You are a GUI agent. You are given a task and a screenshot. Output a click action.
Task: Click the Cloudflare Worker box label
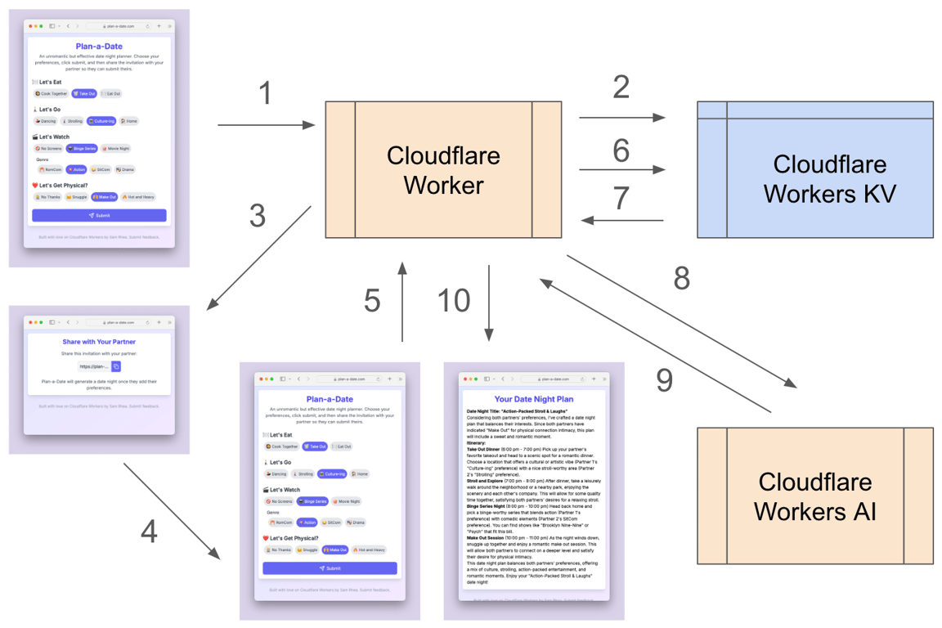tap(443, 170)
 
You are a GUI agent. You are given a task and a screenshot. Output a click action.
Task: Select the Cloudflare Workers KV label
tap(829, 178)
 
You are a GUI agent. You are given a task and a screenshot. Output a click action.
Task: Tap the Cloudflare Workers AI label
tap(815, 496)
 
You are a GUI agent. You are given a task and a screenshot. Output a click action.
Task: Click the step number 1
tap(264, 93)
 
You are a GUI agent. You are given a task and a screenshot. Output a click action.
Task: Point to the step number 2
tap(621, 87)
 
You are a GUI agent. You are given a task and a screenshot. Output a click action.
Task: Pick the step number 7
tap(621, 198)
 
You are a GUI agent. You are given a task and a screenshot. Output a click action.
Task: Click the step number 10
tap(454, 300)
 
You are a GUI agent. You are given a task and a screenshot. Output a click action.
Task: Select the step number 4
tap(149, 532)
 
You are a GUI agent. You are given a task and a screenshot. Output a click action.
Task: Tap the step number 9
tap(664, 380)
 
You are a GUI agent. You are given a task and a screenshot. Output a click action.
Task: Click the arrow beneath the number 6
tap(621, 170)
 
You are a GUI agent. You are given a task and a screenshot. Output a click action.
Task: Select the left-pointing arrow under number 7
tap(621, 220)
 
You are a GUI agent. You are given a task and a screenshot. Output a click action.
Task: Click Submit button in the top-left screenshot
tap(99, 215)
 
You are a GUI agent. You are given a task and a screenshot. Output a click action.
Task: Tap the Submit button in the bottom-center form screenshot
tap(330, 567)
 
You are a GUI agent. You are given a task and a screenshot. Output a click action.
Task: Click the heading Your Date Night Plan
tap(534, 400)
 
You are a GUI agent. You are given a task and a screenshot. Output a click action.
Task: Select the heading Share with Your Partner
tap(99, 342)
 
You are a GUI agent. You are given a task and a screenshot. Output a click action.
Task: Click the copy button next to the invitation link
tap(116, 366)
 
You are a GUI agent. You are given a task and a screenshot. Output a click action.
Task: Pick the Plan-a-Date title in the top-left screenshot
tap(99, 47)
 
